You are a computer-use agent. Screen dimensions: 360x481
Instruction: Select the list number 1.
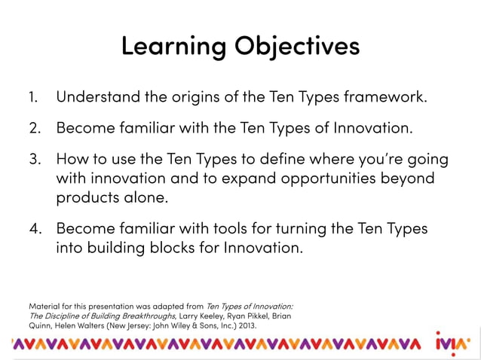click(32, 97)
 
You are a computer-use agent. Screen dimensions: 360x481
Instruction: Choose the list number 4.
click(33, 228)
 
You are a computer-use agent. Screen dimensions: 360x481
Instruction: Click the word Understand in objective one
click(95, 97)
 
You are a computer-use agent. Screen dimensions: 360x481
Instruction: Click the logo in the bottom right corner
click(453, 344)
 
